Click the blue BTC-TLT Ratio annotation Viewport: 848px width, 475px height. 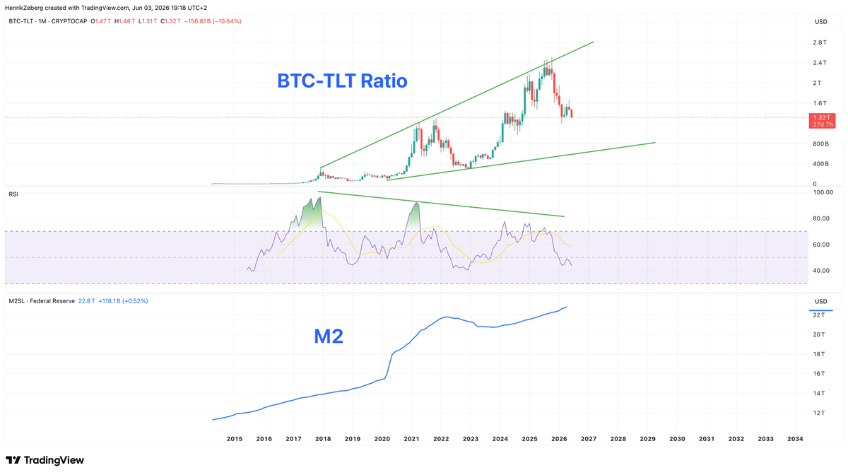(342, 81)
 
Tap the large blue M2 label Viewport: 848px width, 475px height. (329, 336)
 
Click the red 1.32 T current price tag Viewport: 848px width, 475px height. (822, 121)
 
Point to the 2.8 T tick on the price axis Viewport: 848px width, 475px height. (820, 42)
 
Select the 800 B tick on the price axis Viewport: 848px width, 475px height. (820, 144)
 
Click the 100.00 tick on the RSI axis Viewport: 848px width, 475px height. (823, 192)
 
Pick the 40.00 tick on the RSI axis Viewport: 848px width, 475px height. (821, 271)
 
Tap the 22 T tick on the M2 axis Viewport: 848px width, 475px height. (818, 315)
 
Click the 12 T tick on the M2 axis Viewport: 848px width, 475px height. (818, 413)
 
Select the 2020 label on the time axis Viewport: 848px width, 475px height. (382, 439)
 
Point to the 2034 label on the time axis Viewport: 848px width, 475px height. (795, 439)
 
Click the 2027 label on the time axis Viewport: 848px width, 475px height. (589, 439)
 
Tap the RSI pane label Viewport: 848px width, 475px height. (13, 194)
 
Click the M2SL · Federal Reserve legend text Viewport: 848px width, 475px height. (42, 301)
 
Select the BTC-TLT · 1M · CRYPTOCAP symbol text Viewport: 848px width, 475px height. (48, 21)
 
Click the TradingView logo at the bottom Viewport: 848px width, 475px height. (45, 460)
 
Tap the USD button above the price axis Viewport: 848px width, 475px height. (820, 22)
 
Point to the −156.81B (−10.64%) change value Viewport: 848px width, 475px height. (213, 21)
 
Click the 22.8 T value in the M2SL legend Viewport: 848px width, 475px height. (87, 301)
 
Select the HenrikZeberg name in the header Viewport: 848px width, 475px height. (24, 8)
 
